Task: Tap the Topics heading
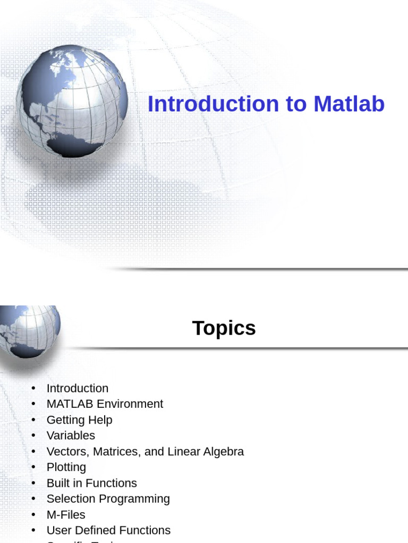tap(224, 328)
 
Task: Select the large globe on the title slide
tap(71, 100)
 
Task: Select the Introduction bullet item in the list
tap(77, 388)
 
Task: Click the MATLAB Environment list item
tap(105, 404)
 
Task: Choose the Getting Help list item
tap(79, 420)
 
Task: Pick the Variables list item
tap(71, 436)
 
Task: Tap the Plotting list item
tap(66, 467)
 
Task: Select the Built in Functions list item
tap(91, 483)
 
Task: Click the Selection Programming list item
tap(108, 499)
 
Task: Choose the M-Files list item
tap(65, 515)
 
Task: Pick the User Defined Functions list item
tap(108, 530)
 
